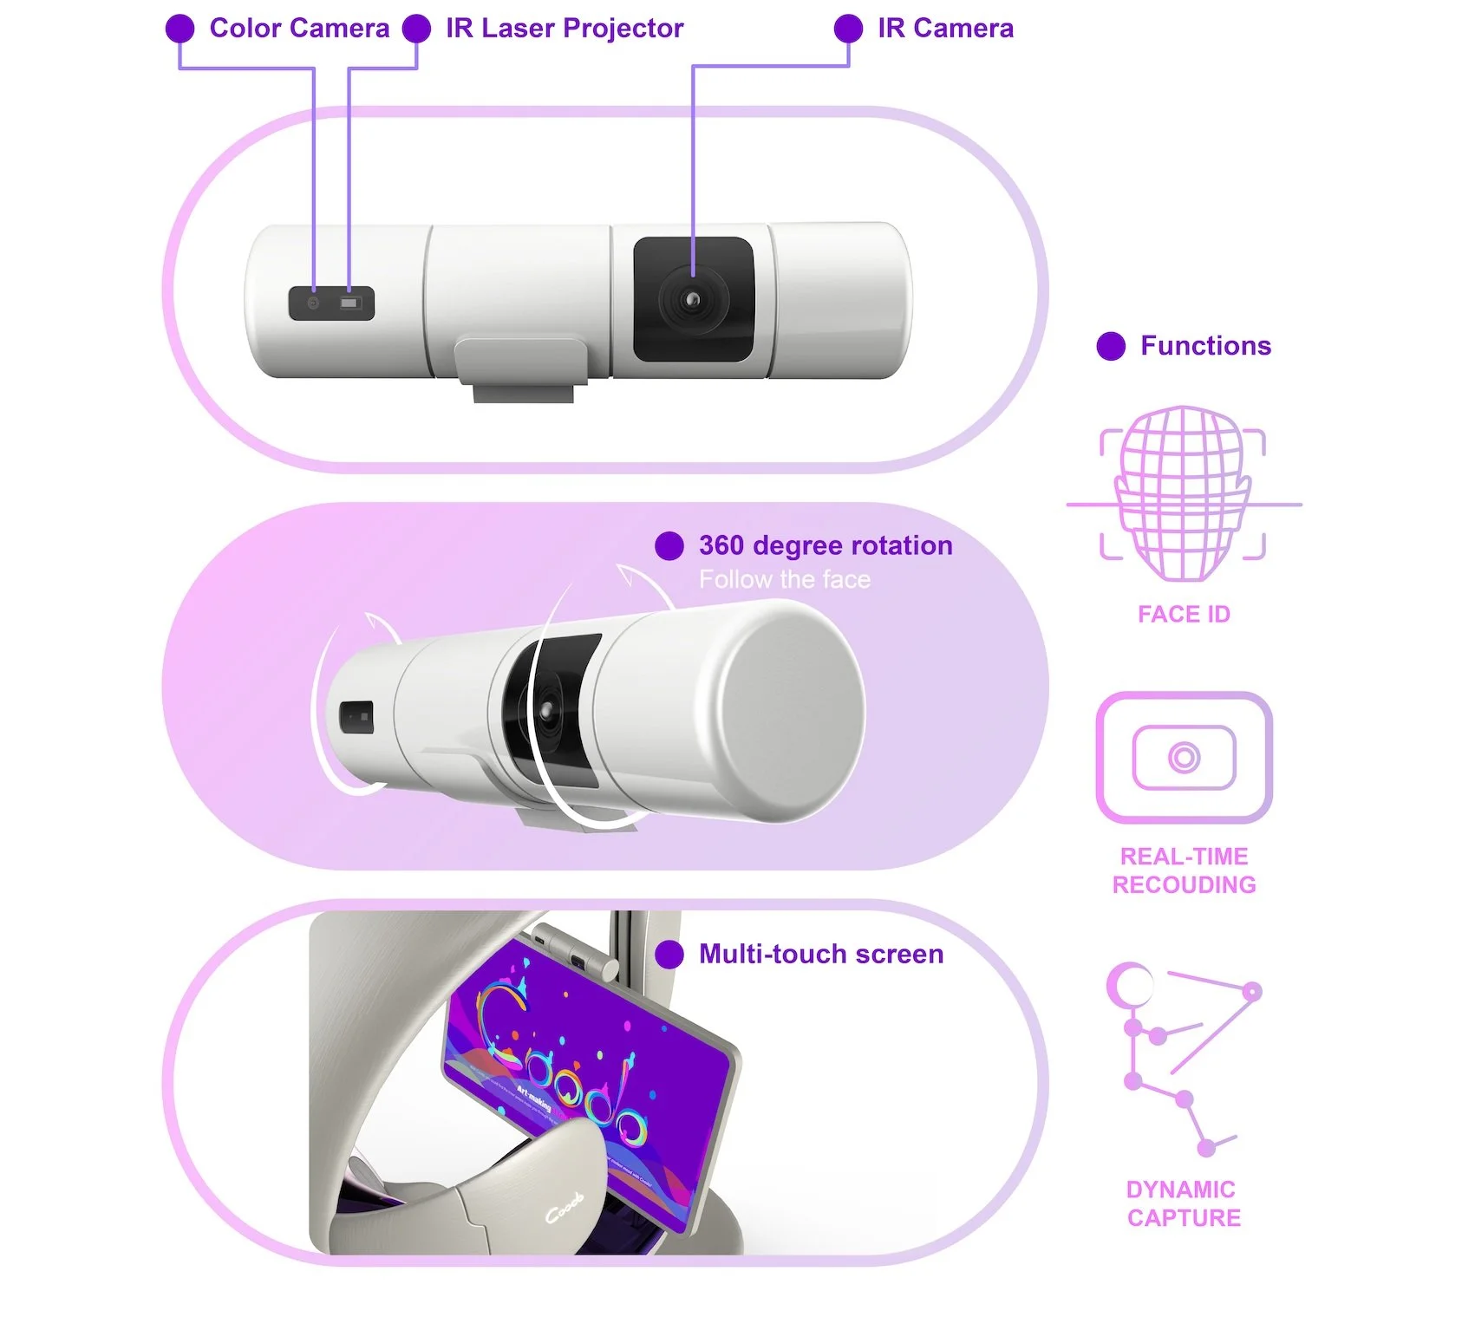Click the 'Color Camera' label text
(299, 29)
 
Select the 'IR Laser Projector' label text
(565, 29)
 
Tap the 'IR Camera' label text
(945, 29)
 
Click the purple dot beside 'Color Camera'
(180, 29)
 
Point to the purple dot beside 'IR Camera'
(848, 29)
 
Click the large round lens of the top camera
(692, 300)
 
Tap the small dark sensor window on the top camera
(331, 303)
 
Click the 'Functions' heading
(1205, 346)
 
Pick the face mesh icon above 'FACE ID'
(1184, 492)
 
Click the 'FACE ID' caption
(1184, 614)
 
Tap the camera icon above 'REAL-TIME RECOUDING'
(1184, 757)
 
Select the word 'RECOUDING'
(1184, 884)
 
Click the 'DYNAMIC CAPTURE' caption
(1184, 1203)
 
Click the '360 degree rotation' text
(826, 545)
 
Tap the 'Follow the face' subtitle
(785, 579)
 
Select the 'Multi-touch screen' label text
(821, 954)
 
